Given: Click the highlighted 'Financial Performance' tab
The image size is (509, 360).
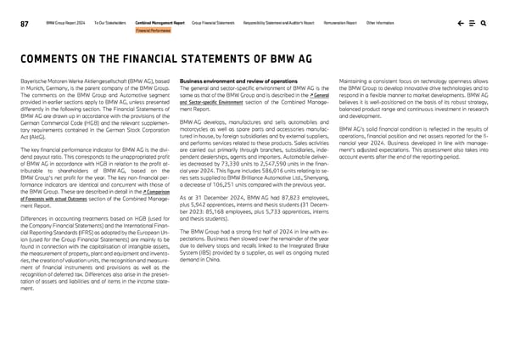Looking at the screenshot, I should [153, 31].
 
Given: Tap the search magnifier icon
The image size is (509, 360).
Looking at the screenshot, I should [484, 24].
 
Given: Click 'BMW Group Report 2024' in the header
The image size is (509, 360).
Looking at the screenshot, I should [64, 24].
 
